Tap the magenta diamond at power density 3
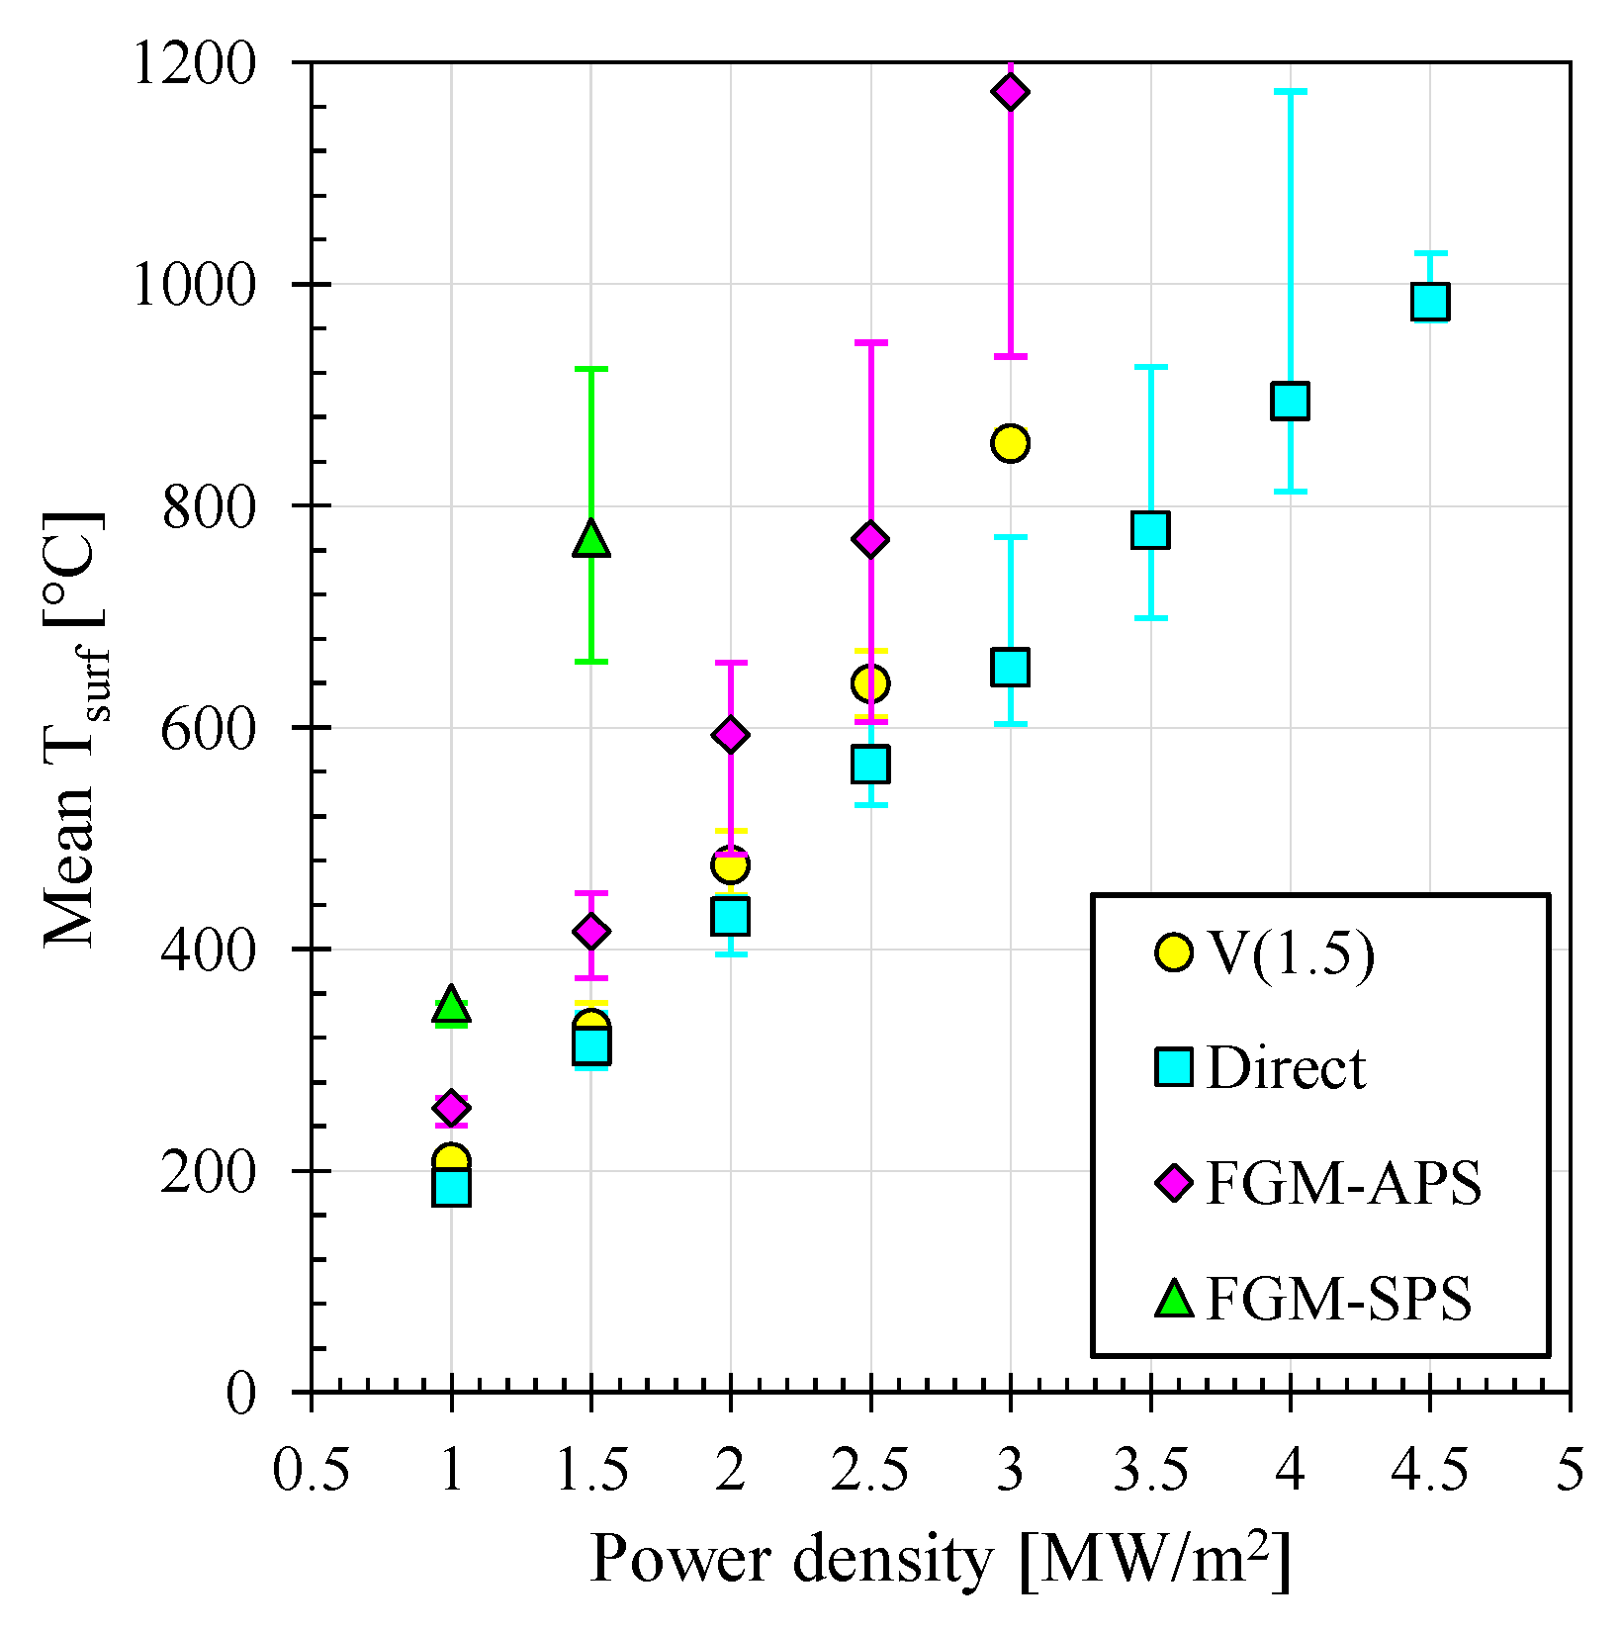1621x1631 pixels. point(1010,92)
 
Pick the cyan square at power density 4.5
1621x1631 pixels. point(1430,301)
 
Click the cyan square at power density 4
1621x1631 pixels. point(1290,401)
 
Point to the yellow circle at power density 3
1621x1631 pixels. point(1010,443)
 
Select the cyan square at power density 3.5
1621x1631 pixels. point(1150,530)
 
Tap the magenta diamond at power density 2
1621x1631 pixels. point(730,734)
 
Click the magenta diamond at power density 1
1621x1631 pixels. point(451,1108)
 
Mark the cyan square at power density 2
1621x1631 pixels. point(730,916)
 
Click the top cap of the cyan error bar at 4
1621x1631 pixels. point(1290,91)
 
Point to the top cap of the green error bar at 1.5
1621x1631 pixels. point(590,369)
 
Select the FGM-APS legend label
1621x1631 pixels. point(1343,1184)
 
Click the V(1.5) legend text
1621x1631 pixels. point(1291,954)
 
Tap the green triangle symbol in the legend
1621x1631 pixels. point(1174,1299)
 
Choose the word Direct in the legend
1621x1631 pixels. point(1286,1069)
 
